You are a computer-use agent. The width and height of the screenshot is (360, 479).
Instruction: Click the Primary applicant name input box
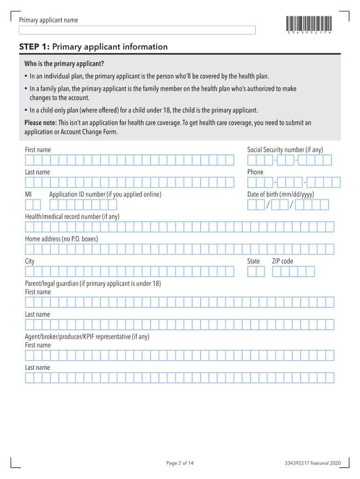tap(137, 30)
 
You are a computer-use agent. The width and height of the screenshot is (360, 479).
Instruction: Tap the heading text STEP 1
tap(35, 47)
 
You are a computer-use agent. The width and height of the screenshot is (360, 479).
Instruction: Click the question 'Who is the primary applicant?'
tap(64, 64)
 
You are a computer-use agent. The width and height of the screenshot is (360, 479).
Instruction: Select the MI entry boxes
tap(33, 204)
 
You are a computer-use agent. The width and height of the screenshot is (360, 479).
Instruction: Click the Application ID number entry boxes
tap(83, 204)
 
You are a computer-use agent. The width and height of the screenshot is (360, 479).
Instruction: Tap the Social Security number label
tap(285, 150)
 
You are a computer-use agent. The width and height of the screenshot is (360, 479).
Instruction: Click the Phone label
tap(255, 172)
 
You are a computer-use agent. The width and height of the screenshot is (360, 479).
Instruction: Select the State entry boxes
tap(256, 272)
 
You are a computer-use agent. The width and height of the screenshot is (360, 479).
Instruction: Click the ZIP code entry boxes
tap(293, 272)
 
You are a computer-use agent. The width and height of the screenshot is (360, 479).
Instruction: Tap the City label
tap(29, 261)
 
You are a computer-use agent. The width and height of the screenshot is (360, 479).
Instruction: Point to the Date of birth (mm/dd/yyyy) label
tap(281, 195)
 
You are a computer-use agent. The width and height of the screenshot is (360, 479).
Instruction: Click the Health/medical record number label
tap(72, 217)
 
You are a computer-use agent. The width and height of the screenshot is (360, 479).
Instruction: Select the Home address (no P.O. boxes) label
tap(61, 239)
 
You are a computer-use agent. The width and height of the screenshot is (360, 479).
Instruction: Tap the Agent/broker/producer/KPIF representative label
tap(87, 337)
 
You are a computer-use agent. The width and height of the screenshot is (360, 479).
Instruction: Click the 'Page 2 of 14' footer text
tap(180, 463)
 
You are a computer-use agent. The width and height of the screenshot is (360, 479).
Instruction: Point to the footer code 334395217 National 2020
tap(312, 463)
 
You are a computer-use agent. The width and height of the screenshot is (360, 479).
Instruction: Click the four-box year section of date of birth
tap(312, 204)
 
